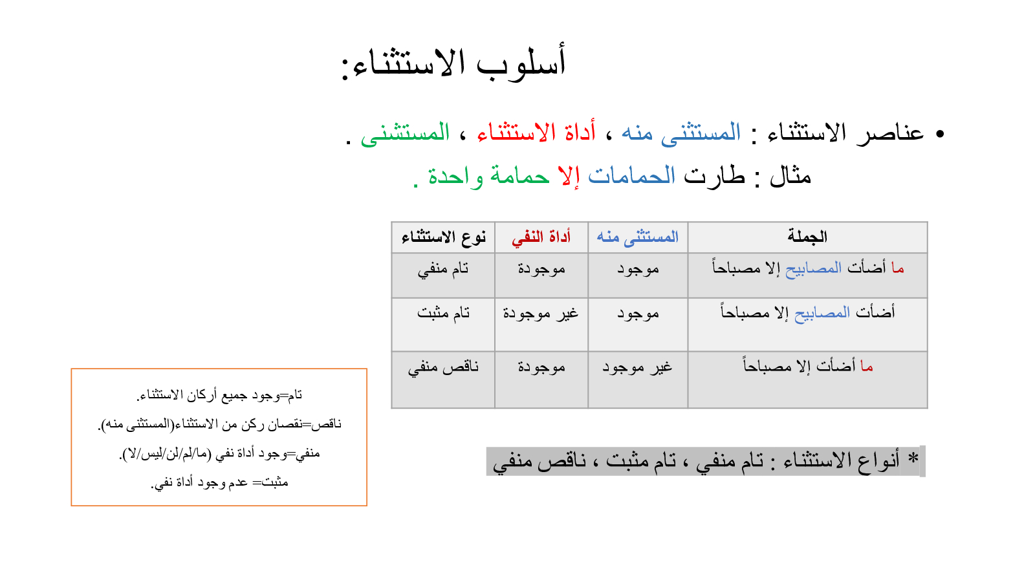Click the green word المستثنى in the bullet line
click(x=405, y=133)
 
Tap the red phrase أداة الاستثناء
click(x=536, y=132)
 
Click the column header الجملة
click(x=807, y=237)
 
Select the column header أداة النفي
click(x=541, y=237)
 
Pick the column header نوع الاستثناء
click(x=444, y=237)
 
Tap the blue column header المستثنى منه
click(x=638, y=237)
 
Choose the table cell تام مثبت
click(x=444, y=313)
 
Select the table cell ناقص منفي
click(x=443, y=368)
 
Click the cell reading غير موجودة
click(x=541, y=314)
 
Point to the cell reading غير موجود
click(x=637, y=368)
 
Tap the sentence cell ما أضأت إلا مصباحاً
click(x=808, y=366)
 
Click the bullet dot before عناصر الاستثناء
click(x=940, y=134)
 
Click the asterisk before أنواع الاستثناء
click(x=913, y=458)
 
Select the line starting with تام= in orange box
click(x=219, y=395)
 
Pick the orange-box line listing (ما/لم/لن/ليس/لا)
click(x=219, y=453)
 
